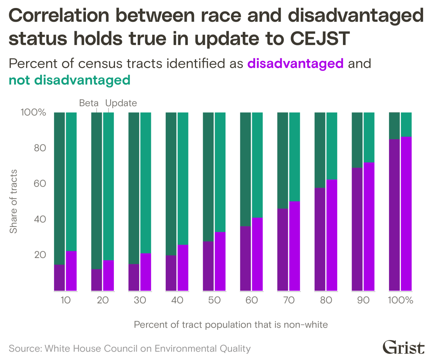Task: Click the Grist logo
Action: point(403,348)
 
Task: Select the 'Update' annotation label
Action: point(121,103)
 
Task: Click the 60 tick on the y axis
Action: point(41,184)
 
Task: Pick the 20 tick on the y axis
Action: point(41,256)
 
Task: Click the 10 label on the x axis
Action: point(65,301)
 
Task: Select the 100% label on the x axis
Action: point(400,301)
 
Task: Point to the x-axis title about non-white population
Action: point(231,324)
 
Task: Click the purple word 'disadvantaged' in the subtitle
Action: point(295,64)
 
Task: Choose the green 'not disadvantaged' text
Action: point(69,80)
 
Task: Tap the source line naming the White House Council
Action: point(130,349)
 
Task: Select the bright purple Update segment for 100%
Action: point(406,214)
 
